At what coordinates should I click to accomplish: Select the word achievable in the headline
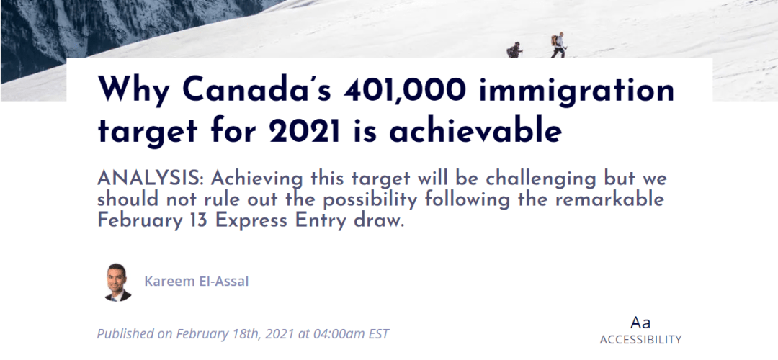pyautogui.click(x=475, y=131)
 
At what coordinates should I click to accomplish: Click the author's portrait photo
pyautogui.click(x=118, y=282)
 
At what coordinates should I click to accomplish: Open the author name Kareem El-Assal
pyautogui.click(x=197, y=282)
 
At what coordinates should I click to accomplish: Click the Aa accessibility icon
pyautogui.click(x=640, y=323)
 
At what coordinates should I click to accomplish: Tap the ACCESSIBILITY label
pyautogui.click(x=640, y=340)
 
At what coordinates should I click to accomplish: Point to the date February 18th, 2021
pyautogui.click(x=236, y=333)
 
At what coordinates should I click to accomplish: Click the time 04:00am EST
pyautogui.click(x=351, y=333)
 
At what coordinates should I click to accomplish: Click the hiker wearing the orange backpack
pyautogui.click(x=558, y=45)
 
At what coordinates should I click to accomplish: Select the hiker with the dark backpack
pyautogui.click(x=514, y=50)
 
